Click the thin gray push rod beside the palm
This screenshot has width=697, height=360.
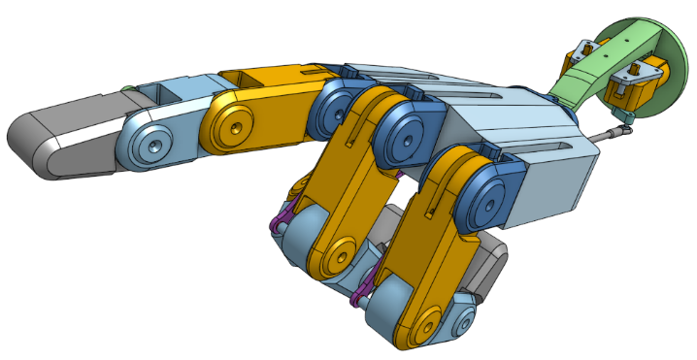(602, 135)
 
